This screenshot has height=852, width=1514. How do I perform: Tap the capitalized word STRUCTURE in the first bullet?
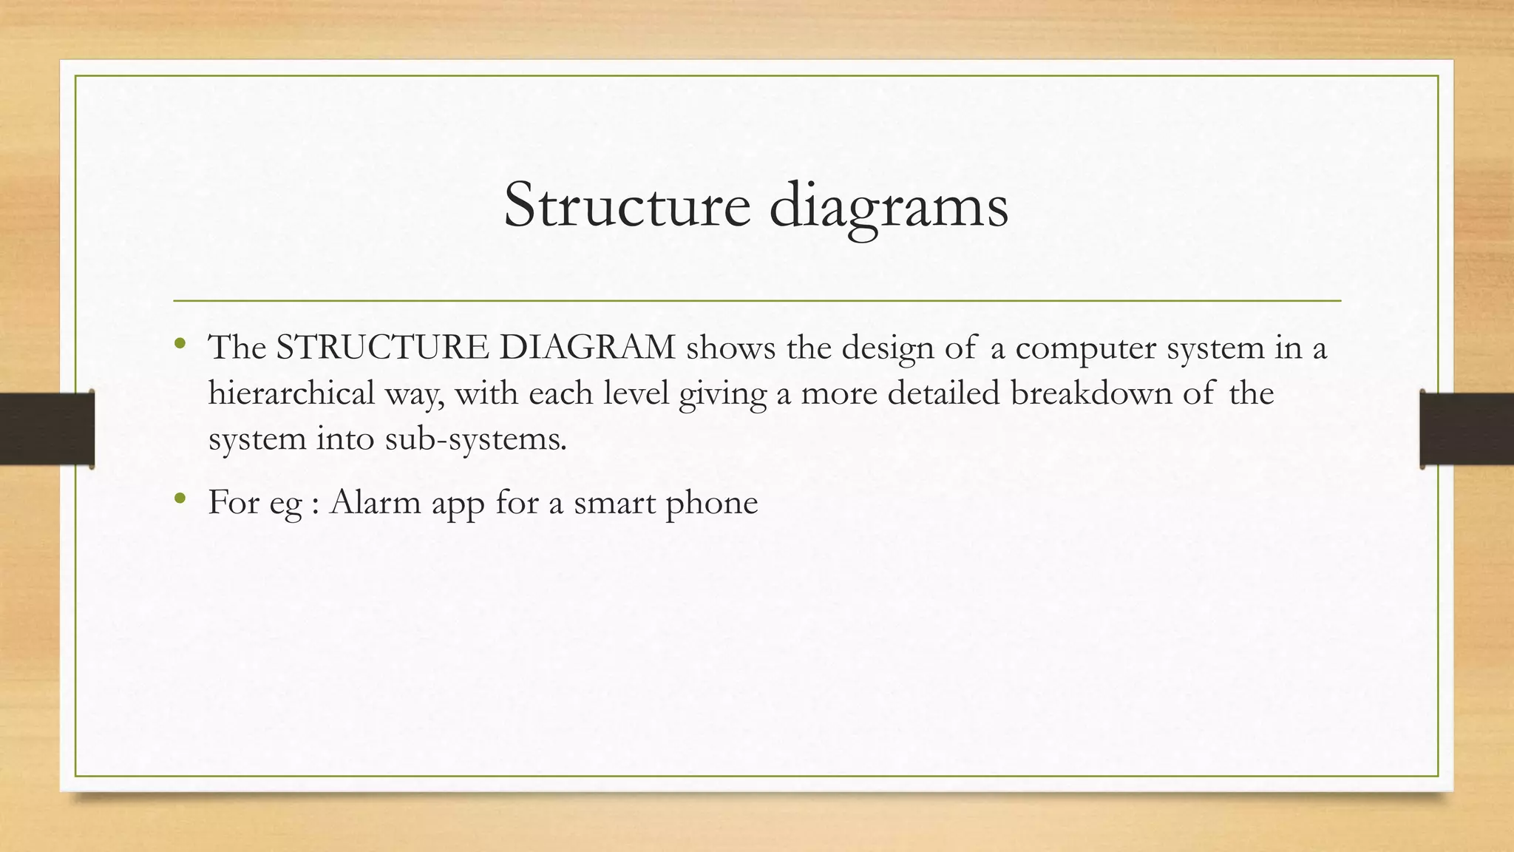point(382,348)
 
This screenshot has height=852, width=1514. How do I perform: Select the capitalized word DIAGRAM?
point(587,348)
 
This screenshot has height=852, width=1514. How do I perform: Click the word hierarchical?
point(291,393)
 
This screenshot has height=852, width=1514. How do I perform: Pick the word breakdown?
point(1091,393)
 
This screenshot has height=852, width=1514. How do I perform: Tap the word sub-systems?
point(475,439)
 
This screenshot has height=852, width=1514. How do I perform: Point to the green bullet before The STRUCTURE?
point(180,343)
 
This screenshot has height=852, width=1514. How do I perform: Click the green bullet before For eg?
point(180,498)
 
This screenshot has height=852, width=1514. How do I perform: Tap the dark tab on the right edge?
point(1467,429)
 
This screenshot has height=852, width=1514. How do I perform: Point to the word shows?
point(731,348)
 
